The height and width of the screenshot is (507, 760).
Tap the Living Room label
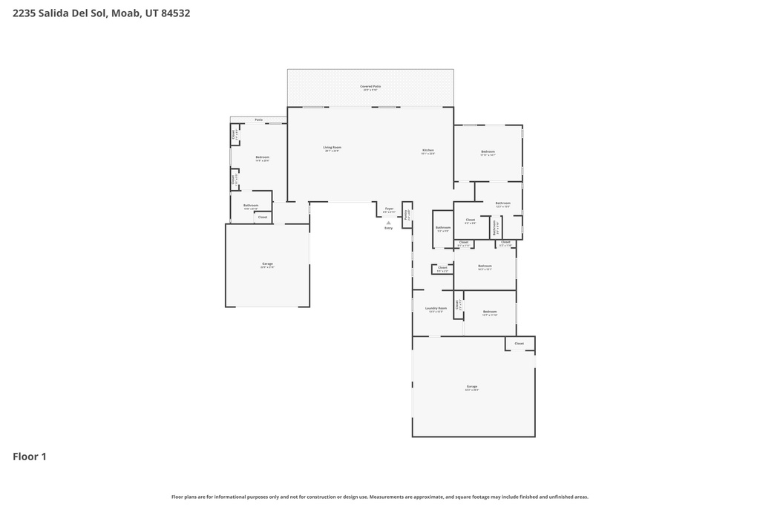[x=332, y=148]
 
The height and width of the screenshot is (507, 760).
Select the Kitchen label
[x=427, y=151]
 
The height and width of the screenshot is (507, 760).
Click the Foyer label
[x=389, y=210]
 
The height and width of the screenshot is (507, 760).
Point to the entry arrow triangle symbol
[x=388, y=222]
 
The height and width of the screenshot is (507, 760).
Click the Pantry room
[x=407, y=214]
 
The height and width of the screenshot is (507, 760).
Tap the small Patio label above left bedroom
[x=258, y=120]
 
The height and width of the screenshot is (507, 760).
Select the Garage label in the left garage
[x=267, y=265]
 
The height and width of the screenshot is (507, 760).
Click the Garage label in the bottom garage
[x=472, y=387]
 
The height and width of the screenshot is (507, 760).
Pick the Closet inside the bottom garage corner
[x=519, y=344]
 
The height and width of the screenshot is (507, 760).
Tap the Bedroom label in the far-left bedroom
[x=262, y=158]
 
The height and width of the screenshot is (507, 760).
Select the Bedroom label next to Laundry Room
[x=489, y=313]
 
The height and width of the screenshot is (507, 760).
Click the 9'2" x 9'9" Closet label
[x=471, y=220]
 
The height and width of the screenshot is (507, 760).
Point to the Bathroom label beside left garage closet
[x=251, y=206]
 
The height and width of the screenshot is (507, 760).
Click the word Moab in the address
[x=127, y=13]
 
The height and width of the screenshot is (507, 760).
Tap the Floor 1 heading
[x=30, y=457]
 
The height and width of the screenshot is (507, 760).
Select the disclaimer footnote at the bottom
[x=379, y=497]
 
